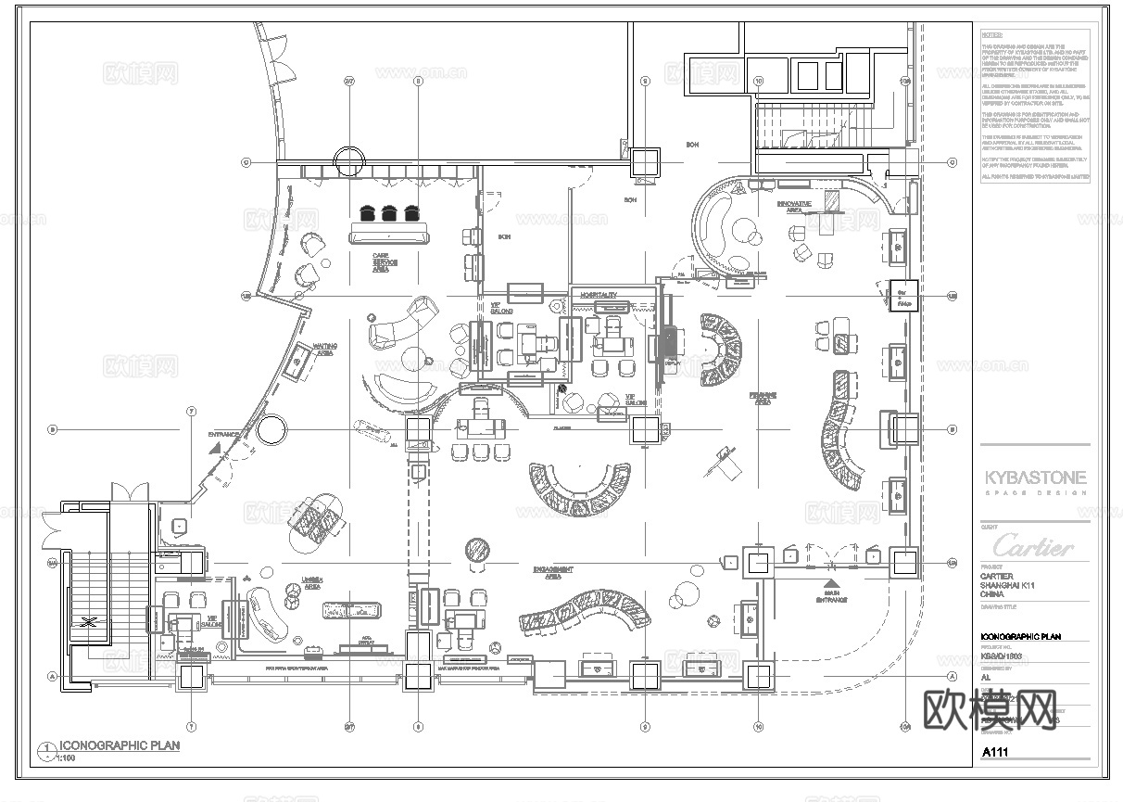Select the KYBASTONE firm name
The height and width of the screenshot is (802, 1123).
tap(1035, 478)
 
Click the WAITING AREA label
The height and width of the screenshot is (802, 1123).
tap(324, 350)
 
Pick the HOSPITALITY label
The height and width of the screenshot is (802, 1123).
tap(599, 294)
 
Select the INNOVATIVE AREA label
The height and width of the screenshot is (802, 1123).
tap(794, 206)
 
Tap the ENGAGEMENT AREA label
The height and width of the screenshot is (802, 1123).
tap(553, 572)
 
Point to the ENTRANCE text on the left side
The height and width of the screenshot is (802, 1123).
tap(223, 434)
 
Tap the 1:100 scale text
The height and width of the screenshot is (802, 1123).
tap(67, 758)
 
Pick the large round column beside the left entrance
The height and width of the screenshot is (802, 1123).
tap(271, 429)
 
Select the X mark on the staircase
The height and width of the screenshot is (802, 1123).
tap(89, 622)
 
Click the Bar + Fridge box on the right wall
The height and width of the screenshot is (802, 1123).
tap(903, 295)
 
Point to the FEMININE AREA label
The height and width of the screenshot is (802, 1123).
tap(763, 398)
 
